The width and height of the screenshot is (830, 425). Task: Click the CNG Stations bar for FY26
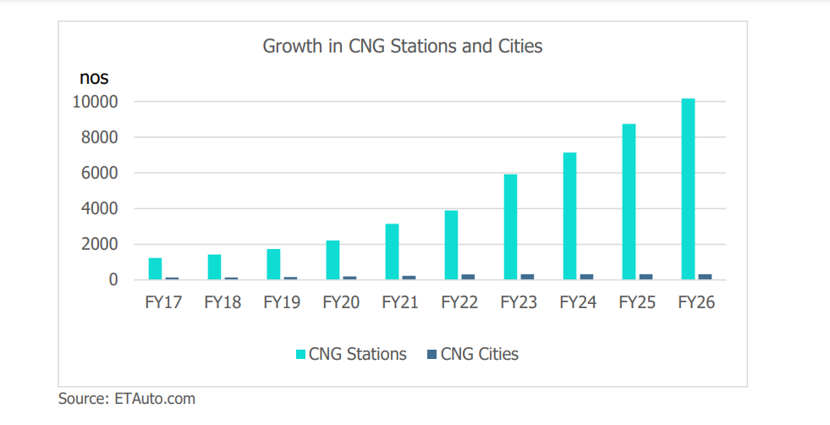[x=688, y=189]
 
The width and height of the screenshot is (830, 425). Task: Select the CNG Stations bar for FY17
[x=155, y=268]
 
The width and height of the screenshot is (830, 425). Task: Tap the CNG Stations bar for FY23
[x=510, y=227]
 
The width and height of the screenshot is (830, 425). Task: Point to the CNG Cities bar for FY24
[x=586, y=276]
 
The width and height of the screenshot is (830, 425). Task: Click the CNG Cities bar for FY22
[x=468, y=276]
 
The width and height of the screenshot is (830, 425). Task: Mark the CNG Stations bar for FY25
[x=629, y=201]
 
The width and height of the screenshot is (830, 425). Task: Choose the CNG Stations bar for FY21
[x=392, y=251]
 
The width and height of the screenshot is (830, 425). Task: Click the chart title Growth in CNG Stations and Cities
[x=403, y=46]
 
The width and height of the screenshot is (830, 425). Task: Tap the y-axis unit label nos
[x=94, y=78]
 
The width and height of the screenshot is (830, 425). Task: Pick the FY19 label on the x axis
[x=282, y=302]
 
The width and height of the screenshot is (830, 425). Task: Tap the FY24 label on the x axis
[x=578, y=302]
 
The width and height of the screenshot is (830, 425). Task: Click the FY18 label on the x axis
[x=223, y=302]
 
